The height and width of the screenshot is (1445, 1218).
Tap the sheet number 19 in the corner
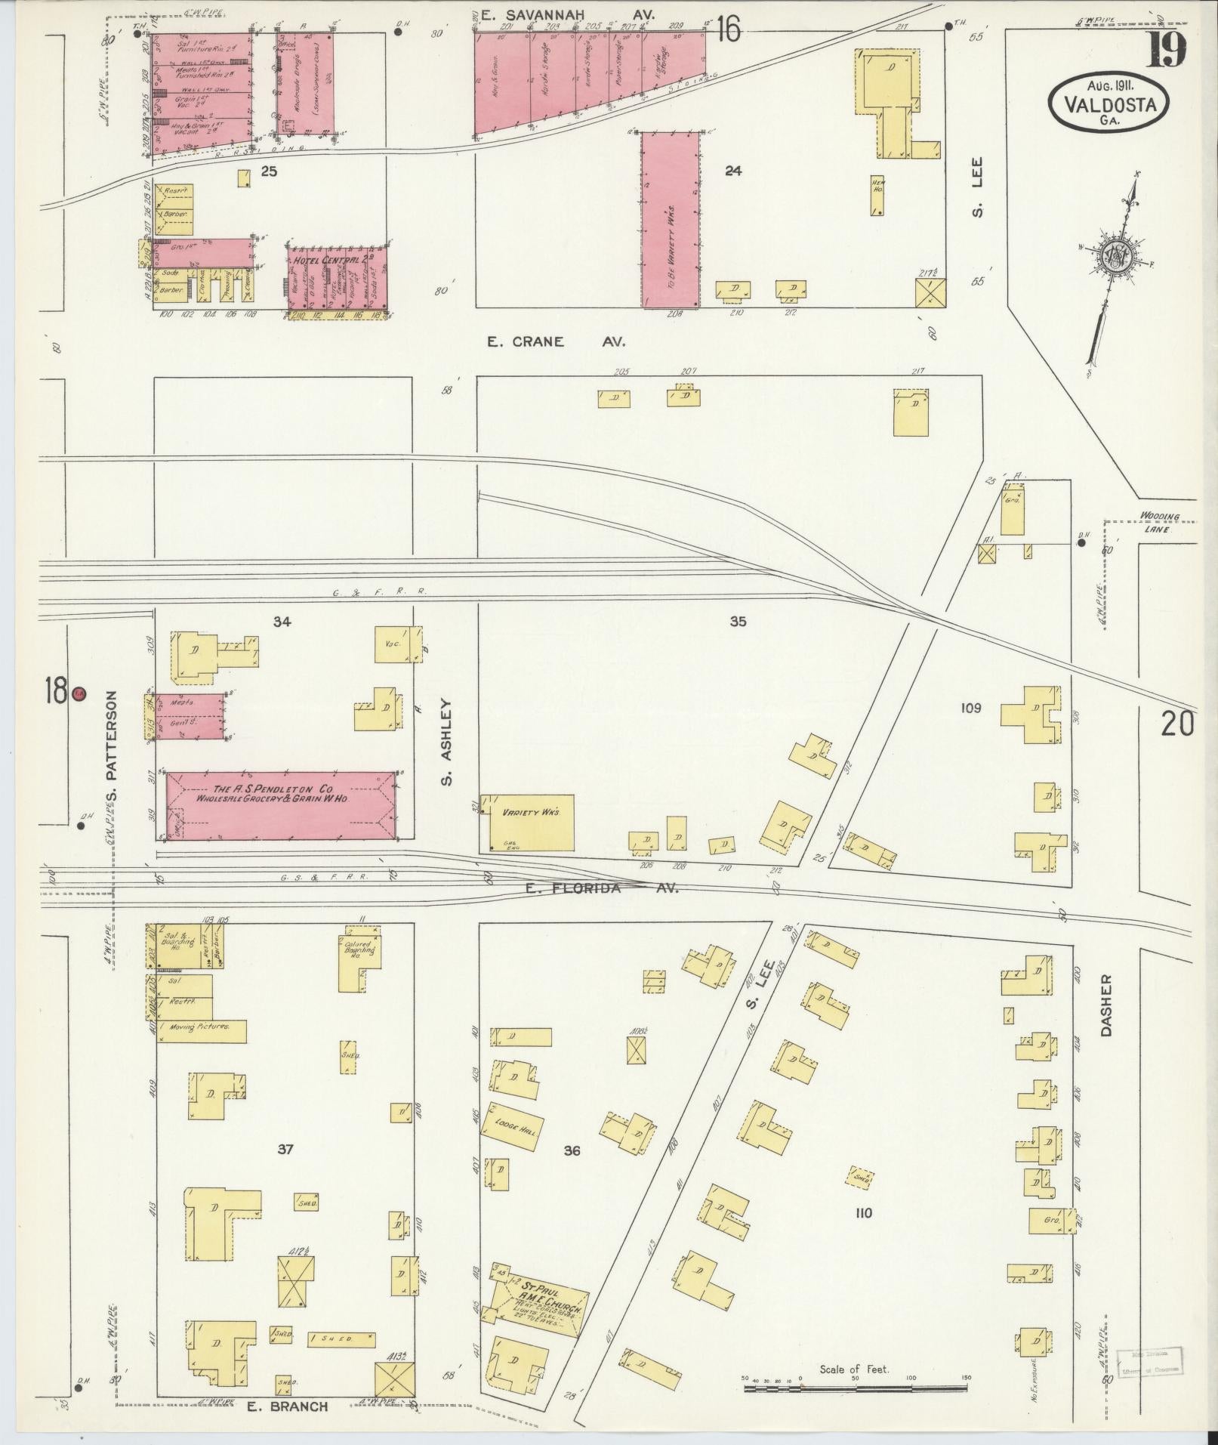[x=1167, y=51]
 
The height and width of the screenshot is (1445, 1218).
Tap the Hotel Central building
[x=338, y=279]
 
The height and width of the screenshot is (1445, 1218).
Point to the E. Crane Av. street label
[x=556, y=342]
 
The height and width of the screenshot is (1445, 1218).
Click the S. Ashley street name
[x=446, y=742]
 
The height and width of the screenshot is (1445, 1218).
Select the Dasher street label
[x=1107, y=1005]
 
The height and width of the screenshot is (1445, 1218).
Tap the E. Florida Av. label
[x=602, y=889]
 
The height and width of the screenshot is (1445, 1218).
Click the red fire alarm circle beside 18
[x=79, y=693]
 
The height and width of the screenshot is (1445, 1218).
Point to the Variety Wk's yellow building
[x=528, y=822]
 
